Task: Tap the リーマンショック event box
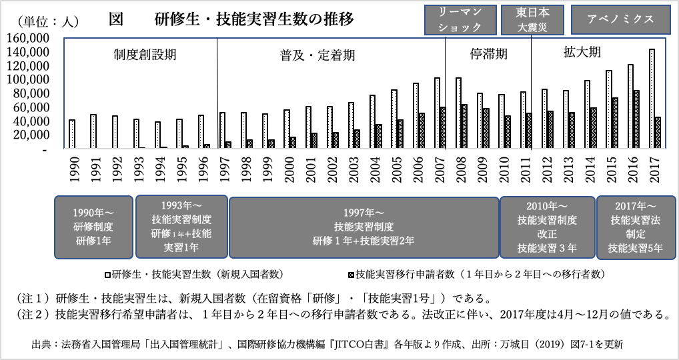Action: (461, 20)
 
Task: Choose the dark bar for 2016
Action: (637, 119)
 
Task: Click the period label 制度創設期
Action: (144, 55)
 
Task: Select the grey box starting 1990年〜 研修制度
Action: (93, 227)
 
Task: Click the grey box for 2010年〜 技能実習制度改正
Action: (547, 227)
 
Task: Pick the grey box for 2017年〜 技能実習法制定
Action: (636, 227)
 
